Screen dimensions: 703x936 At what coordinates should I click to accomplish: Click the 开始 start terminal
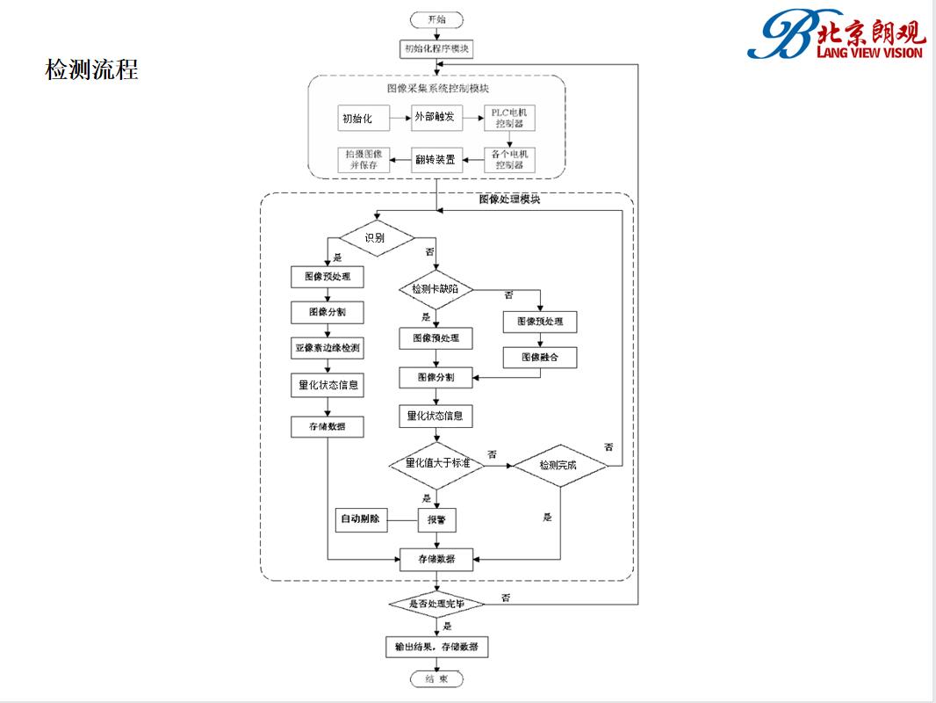pyautogui.click(x=436, y=19)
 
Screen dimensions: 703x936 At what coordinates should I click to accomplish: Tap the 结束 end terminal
pyautogui.click(x=436, y=678)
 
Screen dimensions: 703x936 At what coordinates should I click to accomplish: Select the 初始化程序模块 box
pyautogui.click(x=436, y=49)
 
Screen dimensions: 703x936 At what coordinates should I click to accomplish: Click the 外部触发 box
pyautogui.click(x=436, y=117)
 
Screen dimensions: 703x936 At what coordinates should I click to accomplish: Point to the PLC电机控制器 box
pyautogui.click(x=509, y=117)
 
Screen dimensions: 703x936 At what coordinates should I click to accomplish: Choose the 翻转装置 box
pyautogui.click(x=436, y=159)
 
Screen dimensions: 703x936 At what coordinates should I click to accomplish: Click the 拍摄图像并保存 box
pyautogui.click(x=363, y=159)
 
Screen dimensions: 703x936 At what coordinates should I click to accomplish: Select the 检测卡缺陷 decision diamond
pyautogui.click(x=436, y=289)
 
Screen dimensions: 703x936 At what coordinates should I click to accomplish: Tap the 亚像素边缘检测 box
pyautogui.click(x=328, y=348)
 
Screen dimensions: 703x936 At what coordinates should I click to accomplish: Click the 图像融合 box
pyautogui.click(x=539, y=358)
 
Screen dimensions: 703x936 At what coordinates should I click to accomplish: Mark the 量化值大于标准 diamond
pyautogui.click(x=436, y=464)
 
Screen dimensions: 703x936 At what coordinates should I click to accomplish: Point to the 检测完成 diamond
pyautogui.click(x=559, y=465)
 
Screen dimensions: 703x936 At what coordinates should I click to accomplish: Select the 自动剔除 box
pyautogui.click(x=360, y=519)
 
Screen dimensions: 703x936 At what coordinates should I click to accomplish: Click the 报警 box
pyautogui.click(x=436, y=519)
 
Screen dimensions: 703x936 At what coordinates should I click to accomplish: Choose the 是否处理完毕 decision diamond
pyautogui.click(x=436, y=605)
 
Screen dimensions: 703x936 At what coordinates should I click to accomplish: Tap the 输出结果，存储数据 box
pyautogui.click(x=436, y=648)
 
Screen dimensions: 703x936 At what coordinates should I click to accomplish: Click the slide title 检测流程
pyautogui.click(x=91, y=70)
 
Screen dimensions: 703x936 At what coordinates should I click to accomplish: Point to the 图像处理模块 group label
pyautogui.click(x=509, y=199)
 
